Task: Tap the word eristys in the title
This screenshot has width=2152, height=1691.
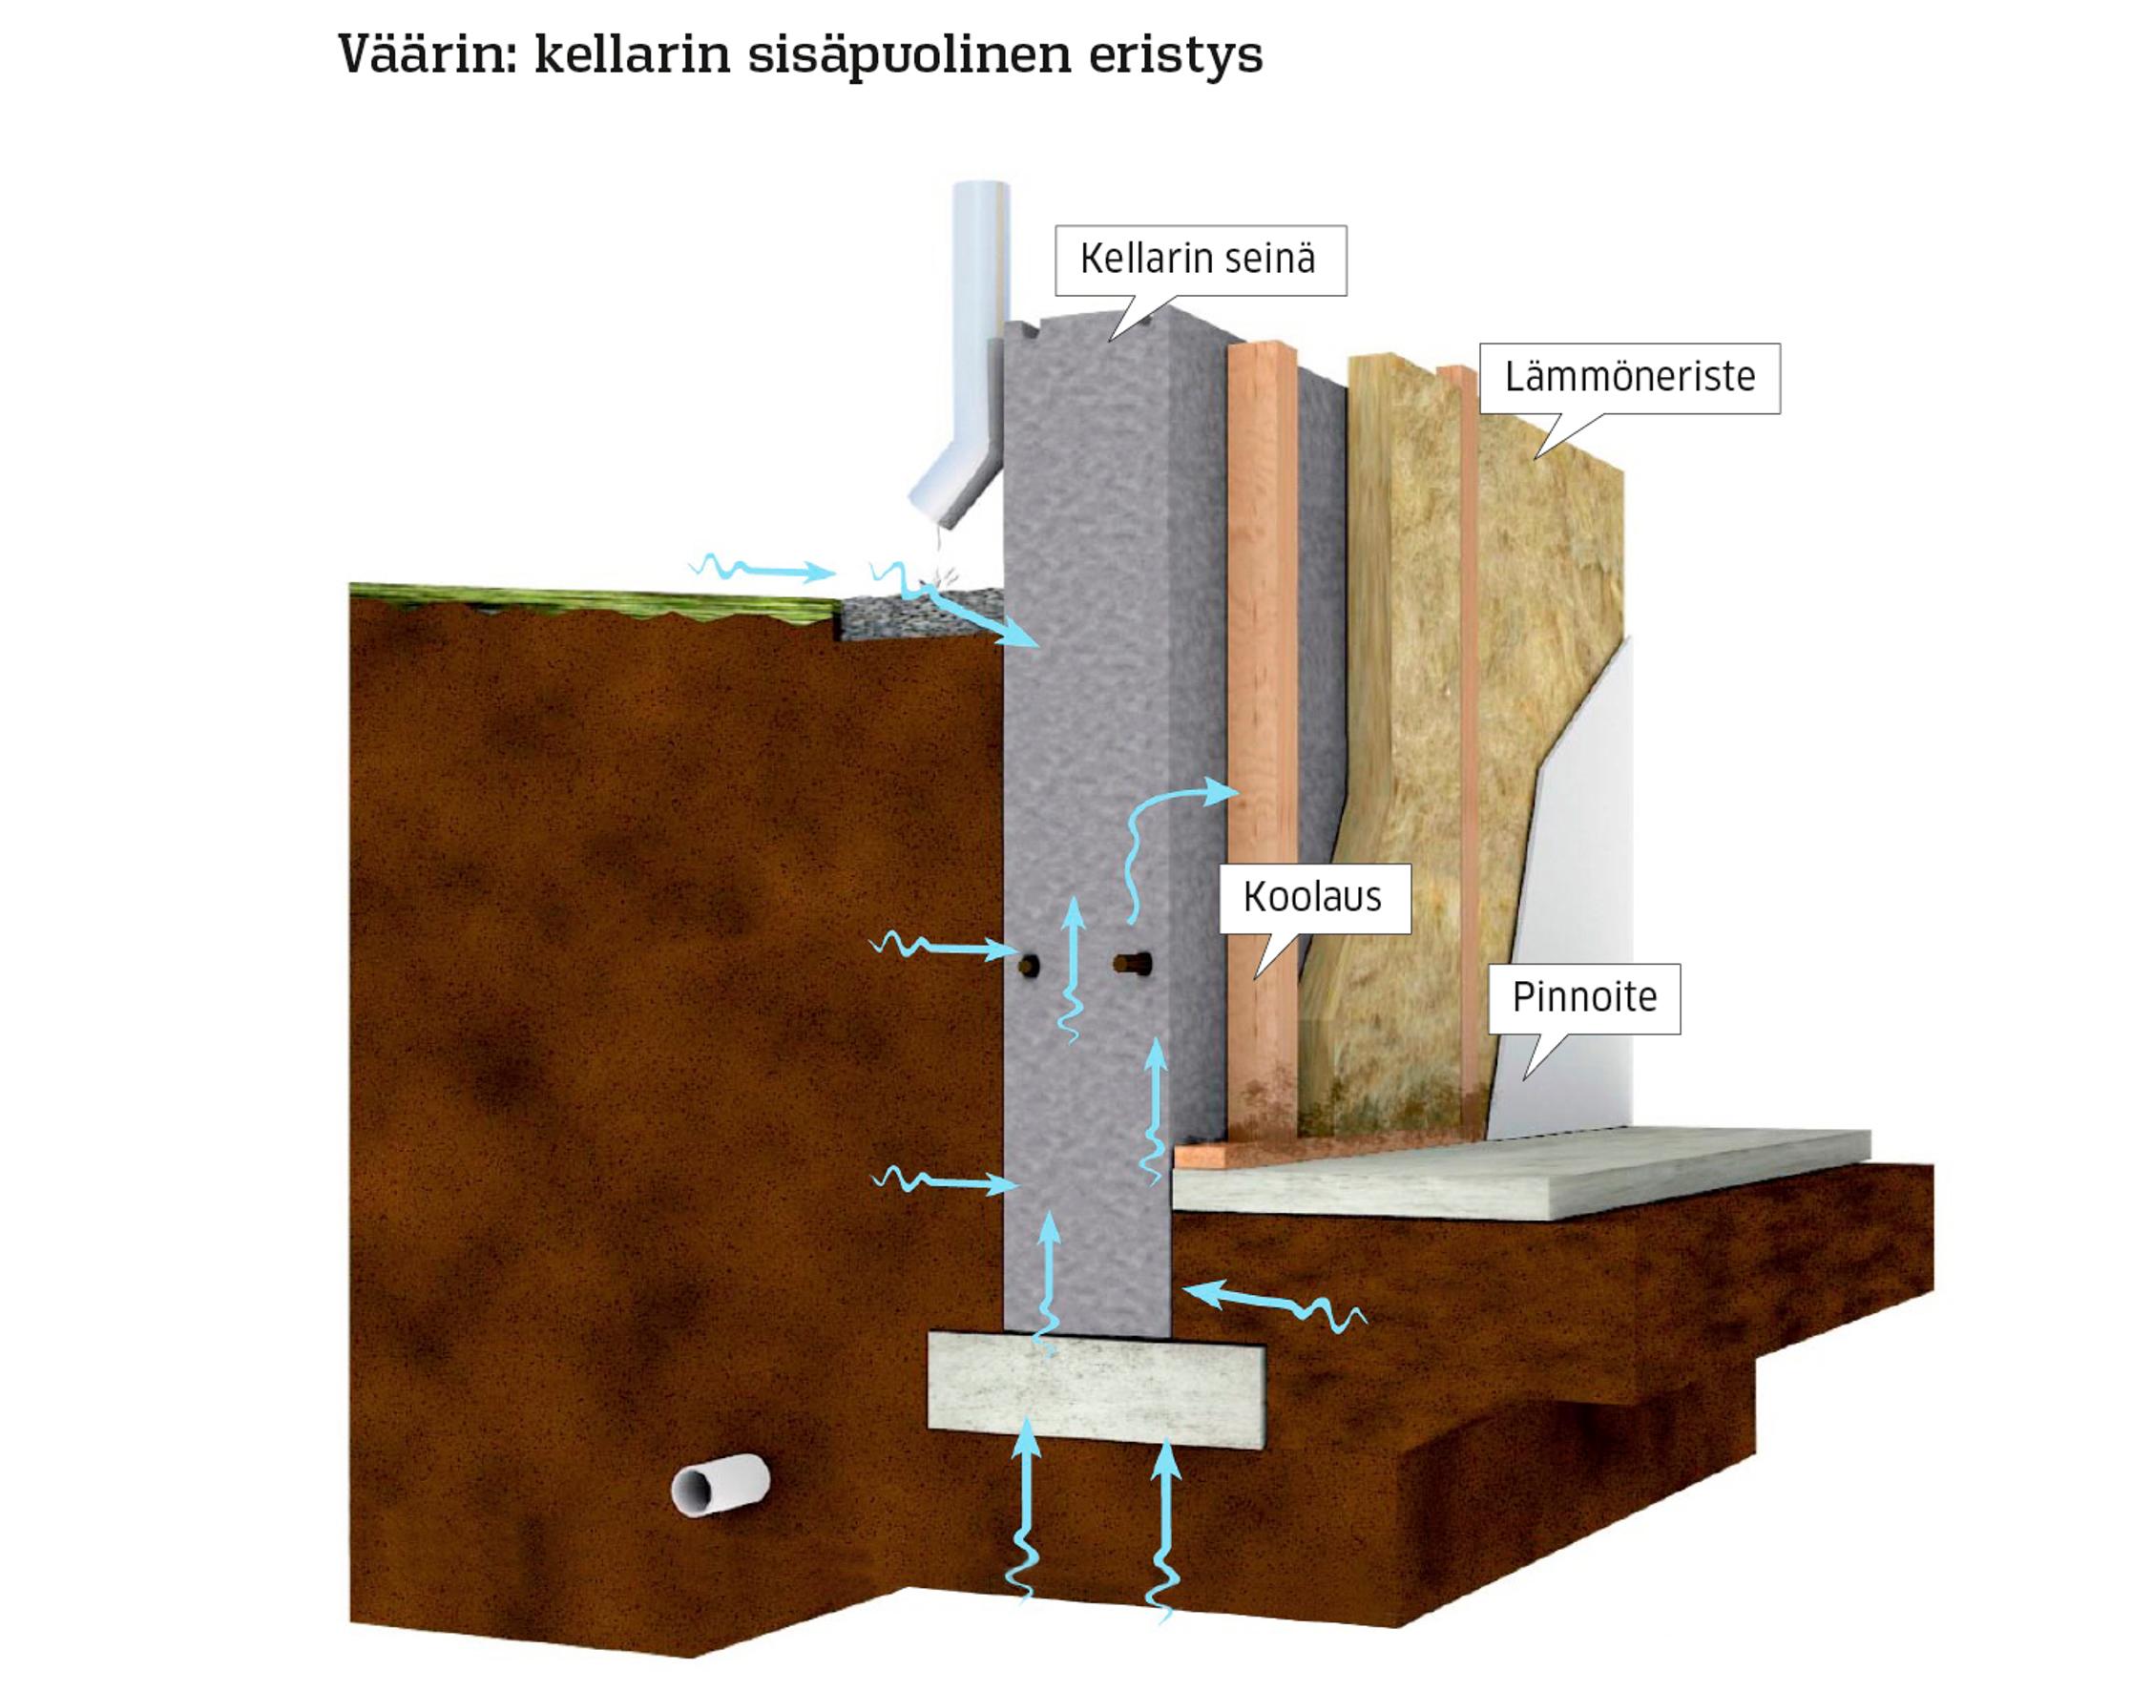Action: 1175,55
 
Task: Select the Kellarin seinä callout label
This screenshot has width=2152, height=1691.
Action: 1199,260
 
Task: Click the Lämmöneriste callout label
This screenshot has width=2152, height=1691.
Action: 1629,377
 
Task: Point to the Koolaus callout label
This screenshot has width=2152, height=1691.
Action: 1312,897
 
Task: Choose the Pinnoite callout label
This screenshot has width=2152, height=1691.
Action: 1584,997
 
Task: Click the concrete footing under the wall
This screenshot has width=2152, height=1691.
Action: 1095,1387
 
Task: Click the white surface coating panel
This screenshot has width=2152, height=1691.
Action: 1574,891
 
